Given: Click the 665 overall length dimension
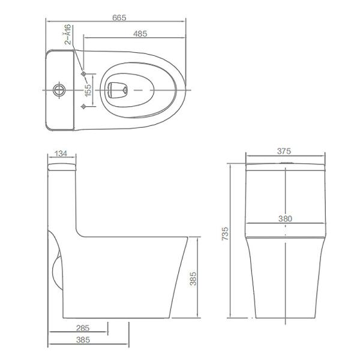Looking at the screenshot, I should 118,19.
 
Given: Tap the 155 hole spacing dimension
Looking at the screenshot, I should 88,91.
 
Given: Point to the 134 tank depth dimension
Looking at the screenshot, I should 61,154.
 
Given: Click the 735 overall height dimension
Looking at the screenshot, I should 224,234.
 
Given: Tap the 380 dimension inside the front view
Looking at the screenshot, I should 285,220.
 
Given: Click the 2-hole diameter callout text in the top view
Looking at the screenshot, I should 68,34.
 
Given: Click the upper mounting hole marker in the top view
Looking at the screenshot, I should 84,74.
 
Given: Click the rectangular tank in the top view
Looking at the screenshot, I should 62,91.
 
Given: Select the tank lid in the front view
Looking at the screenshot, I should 285,166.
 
